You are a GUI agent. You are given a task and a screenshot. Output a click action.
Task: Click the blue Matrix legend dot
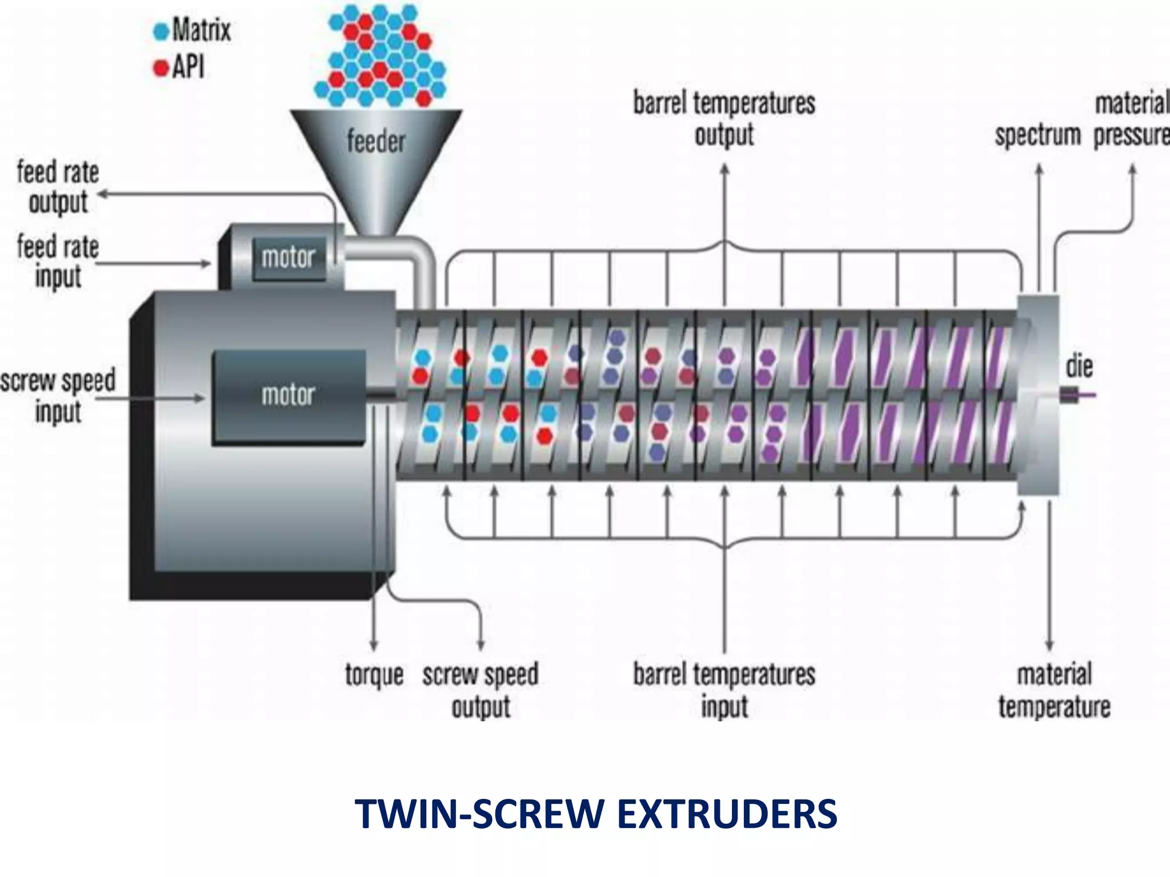click(162, 31)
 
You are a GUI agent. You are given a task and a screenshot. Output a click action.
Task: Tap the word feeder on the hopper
click(376, 141)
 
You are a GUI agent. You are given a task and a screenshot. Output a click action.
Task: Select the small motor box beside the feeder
click(288, 258)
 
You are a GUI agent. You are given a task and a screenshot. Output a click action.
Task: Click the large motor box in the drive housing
click(289, 395)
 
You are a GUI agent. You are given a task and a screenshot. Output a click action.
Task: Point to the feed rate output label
click(58, 187)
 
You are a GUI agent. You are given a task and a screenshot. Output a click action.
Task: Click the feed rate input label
click(58, 262)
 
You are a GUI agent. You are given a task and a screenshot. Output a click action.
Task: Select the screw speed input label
click(58, 395)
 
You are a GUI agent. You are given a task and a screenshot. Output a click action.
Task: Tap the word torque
click(374, 675)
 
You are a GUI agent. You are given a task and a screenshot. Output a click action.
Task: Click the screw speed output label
click(480, 690)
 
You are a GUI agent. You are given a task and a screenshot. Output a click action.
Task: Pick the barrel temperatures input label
click(724, 690)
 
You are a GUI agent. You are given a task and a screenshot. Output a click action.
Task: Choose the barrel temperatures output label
click(724, 119)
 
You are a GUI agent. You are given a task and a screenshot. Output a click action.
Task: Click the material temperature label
click(1054, 690)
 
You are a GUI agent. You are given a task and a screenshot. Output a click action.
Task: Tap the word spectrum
click(1037, 136)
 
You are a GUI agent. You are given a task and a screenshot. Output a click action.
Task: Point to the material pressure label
click(1131, 120)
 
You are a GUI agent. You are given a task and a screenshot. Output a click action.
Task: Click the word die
click(1079, 367)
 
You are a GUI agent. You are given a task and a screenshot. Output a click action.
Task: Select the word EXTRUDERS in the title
click(727, 814)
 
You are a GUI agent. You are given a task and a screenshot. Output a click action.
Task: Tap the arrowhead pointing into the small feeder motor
click(207, 264)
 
